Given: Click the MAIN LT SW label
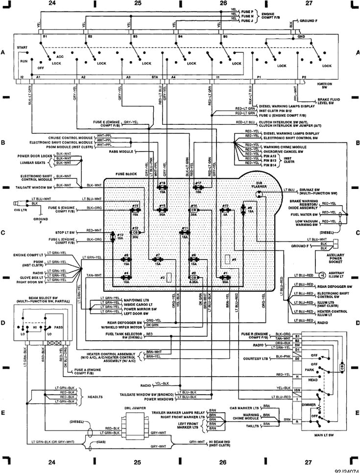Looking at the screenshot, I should point(320,447).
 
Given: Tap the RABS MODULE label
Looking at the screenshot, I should point(120,152).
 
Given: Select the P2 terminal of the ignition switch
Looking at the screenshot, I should point(304,77).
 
